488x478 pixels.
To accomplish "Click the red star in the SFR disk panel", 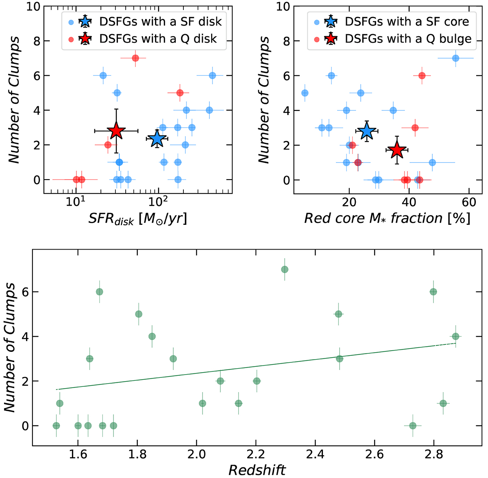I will [x=116, y=131].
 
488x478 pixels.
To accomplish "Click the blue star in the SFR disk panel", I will [x=157, y=138].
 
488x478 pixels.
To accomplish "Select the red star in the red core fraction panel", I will [x=396, y=150].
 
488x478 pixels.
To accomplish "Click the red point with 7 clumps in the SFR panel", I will [x=135, y=58].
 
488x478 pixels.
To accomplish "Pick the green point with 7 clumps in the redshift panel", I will [x=285, y=269].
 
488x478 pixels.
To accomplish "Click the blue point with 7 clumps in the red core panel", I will [x=455, y=58].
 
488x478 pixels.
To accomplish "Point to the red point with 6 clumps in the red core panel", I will [x=422, y=76].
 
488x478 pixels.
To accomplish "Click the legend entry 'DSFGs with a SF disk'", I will [x=160, y=21].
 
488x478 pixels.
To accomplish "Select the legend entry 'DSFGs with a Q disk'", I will [x=158, y=39].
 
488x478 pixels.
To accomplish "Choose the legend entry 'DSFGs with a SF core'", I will [x=407, y=21].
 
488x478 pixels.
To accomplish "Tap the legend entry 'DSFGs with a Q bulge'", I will [x=408, y=39].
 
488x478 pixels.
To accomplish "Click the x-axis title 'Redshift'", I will [x=257, y=470].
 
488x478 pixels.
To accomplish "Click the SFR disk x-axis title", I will [x=138, y=219].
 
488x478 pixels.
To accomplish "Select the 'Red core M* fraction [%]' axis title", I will [x=387, y=218].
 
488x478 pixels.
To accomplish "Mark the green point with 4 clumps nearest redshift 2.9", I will [x=455, y=336].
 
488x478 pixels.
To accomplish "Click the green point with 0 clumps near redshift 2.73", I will [x=413, y=425].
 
